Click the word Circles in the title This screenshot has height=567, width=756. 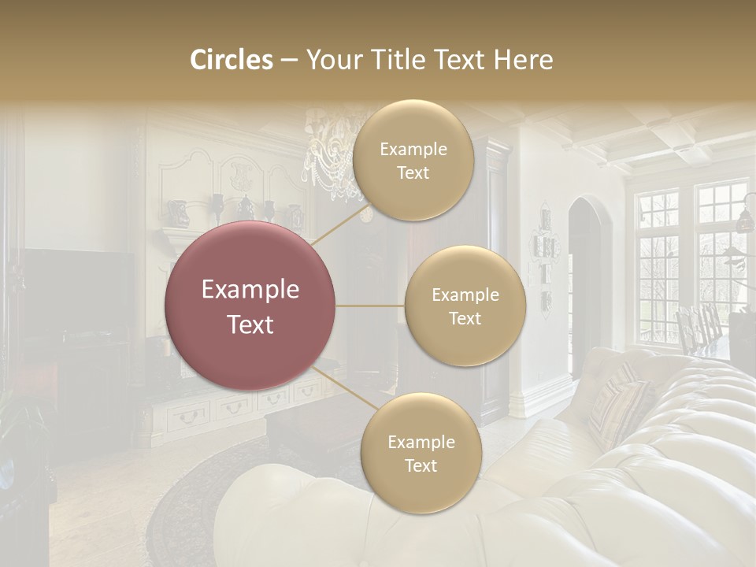coord(231,60)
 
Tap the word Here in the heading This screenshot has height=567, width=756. coord(523,60)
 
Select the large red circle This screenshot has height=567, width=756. coord(250,306)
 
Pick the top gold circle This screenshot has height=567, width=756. coord(413,160)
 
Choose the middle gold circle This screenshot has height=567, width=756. coord(465,306)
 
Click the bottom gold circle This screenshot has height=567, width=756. coord(421,453)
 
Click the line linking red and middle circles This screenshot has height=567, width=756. coord(369,306)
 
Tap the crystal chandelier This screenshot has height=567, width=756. coord(331,150)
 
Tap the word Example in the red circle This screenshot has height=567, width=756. coord(250,290)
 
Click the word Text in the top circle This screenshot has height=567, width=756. coord(413,172)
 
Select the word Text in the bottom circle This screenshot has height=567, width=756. coord(421,465)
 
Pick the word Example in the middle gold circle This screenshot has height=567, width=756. coord(465,295)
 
